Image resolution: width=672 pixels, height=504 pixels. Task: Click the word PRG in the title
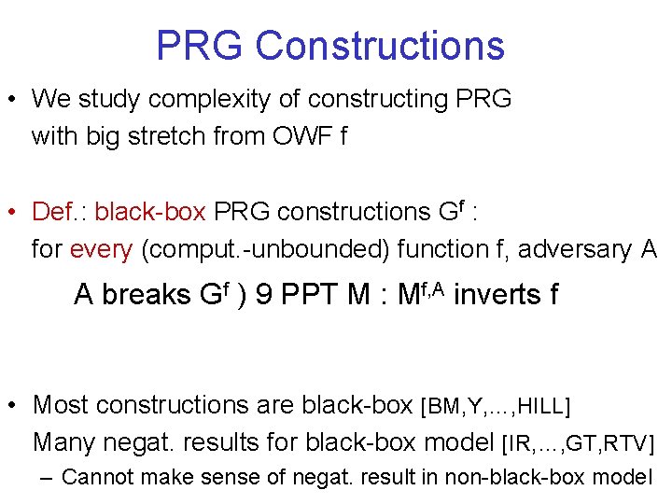[x=200, y=45]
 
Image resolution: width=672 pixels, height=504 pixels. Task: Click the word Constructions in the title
[x=380, y=45]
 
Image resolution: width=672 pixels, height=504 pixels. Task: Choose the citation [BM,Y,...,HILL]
[x=497, y=406]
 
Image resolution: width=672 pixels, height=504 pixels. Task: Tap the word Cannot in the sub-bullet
[x=100, y=477]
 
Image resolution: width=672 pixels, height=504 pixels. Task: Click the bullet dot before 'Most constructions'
[x=13, y=405]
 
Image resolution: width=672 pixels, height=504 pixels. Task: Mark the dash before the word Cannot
[x=49, y=477]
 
